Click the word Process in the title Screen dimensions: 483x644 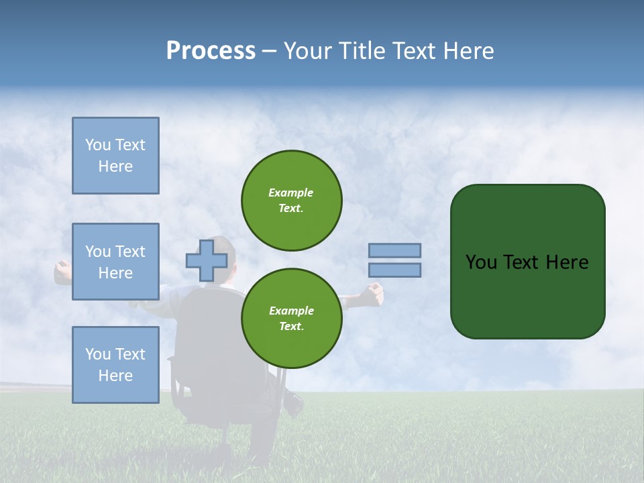[x=211, y=51]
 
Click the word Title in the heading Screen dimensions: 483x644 [x=360, y=51]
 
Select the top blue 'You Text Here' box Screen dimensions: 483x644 [x=115, y=156]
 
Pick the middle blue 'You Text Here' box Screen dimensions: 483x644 [x=115, y=262]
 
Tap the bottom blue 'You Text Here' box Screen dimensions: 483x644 [x=115, y=365]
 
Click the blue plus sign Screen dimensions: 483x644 [x=207, y=261]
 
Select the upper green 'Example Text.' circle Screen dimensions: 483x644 [x=292, y=201]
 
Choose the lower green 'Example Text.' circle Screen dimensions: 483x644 [x=292, y=319]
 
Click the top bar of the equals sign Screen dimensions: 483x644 [x=394, y=251]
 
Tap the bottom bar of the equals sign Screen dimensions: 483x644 [x=394, y=270]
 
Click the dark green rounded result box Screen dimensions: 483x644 [x=527, y=262]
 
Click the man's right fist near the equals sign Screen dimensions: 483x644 [x=373, y=292]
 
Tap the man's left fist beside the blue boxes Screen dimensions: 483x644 [x=62, y=272]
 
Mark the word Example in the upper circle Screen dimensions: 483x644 [x=291, y=193]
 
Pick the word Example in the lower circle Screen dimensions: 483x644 [x=291, y=311]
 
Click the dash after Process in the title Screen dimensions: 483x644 [x=270, y=52]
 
